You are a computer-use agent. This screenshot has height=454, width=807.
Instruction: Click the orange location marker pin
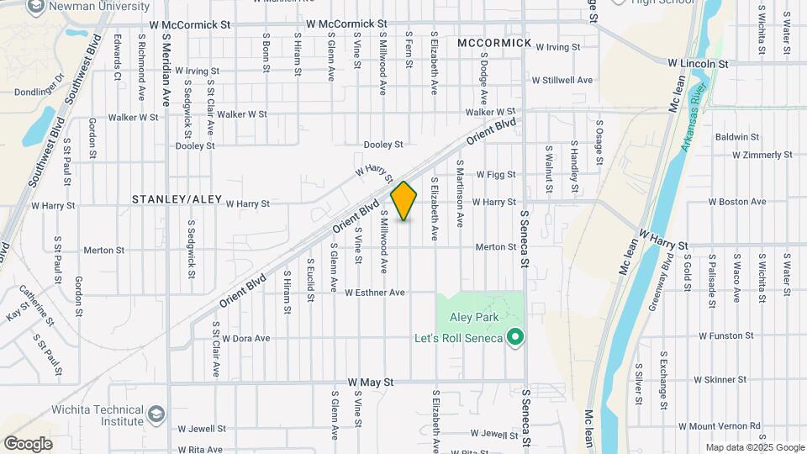[404, 201]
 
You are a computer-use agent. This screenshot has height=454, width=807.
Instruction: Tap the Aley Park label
[474, 317]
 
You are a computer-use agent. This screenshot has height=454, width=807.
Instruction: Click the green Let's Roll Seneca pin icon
[517, 338]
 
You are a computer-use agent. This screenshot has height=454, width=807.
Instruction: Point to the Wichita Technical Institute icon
[156, 414]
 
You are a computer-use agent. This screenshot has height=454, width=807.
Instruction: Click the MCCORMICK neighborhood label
[495, 43]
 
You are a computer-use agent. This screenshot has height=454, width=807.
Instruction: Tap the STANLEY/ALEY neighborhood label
[177, 199]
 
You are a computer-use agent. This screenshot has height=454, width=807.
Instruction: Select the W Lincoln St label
[697, 63]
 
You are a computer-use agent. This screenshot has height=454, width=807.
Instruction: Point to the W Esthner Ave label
[376, 293]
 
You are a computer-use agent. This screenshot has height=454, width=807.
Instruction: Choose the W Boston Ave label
[737, 202]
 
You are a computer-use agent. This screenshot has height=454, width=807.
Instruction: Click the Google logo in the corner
[28, 443]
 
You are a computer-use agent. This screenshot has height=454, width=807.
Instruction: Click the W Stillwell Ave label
[562, 81]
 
